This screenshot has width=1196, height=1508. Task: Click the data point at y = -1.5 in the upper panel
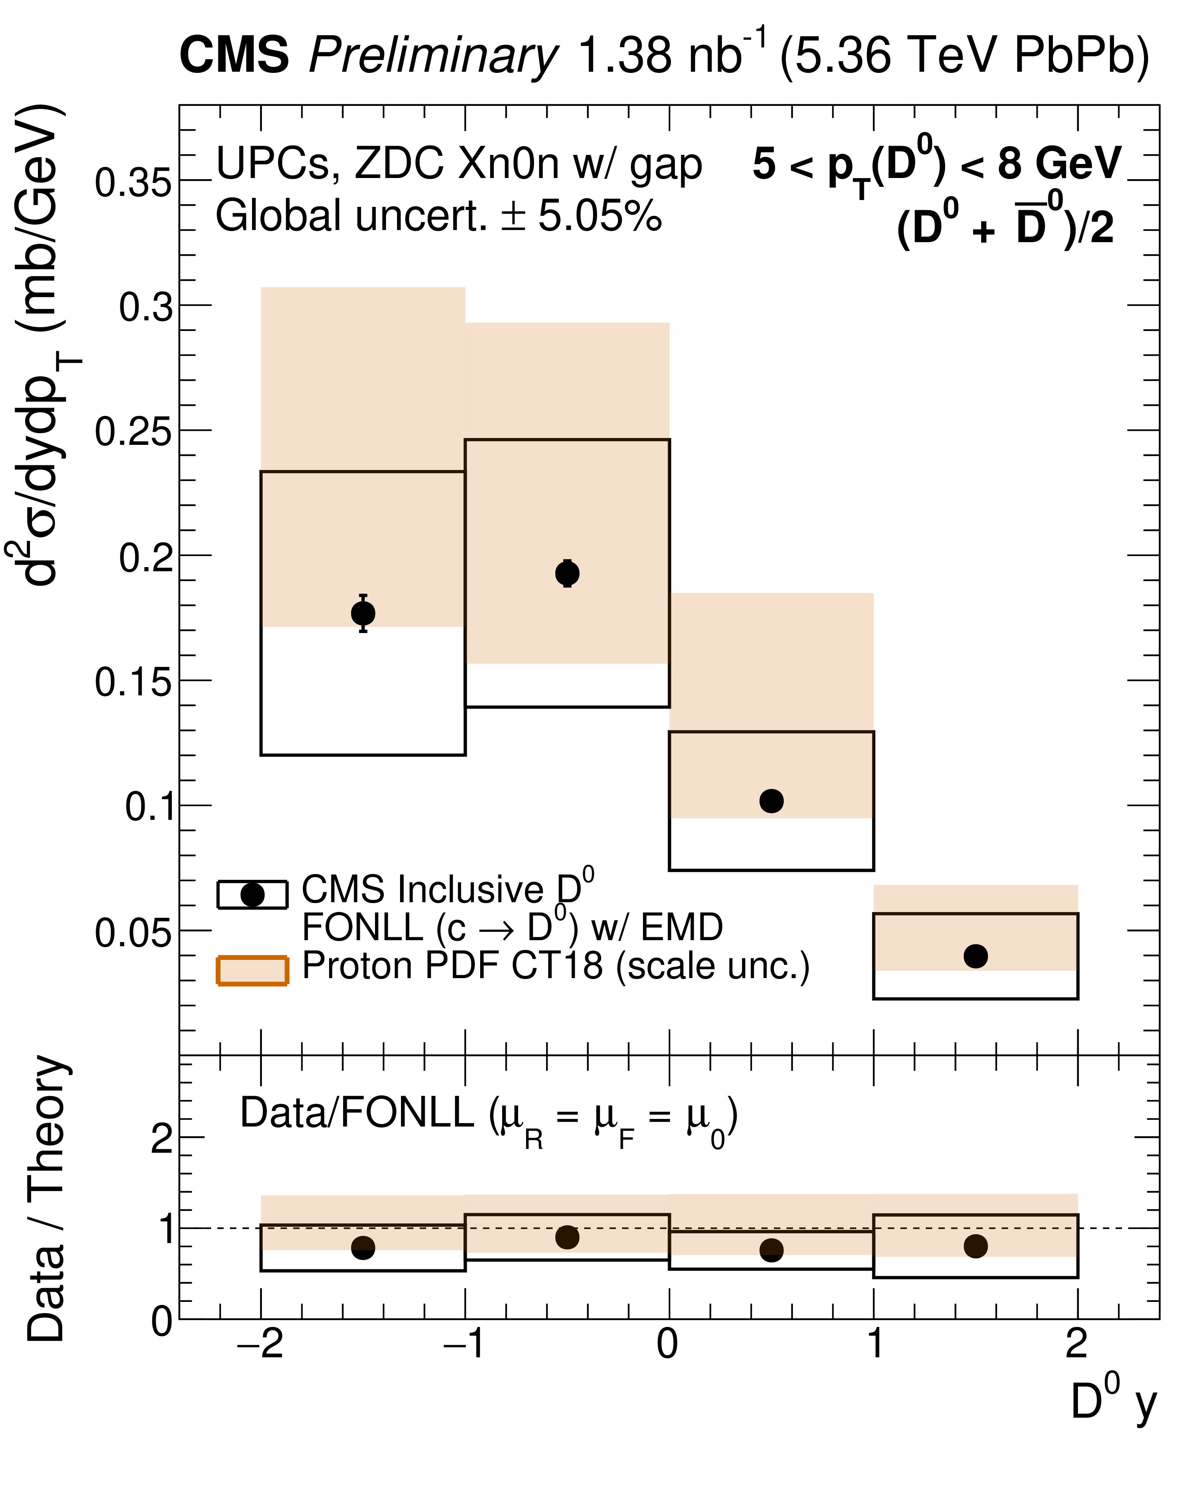363,613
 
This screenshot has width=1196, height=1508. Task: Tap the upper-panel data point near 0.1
771,801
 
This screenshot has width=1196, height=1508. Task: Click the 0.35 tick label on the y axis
133,183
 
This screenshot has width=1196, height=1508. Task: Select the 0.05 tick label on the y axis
133,933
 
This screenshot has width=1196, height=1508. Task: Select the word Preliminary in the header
433,56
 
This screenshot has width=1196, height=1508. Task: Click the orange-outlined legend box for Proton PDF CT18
252,970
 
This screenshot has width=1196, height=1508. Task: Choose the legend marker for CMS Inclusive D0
252,895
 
